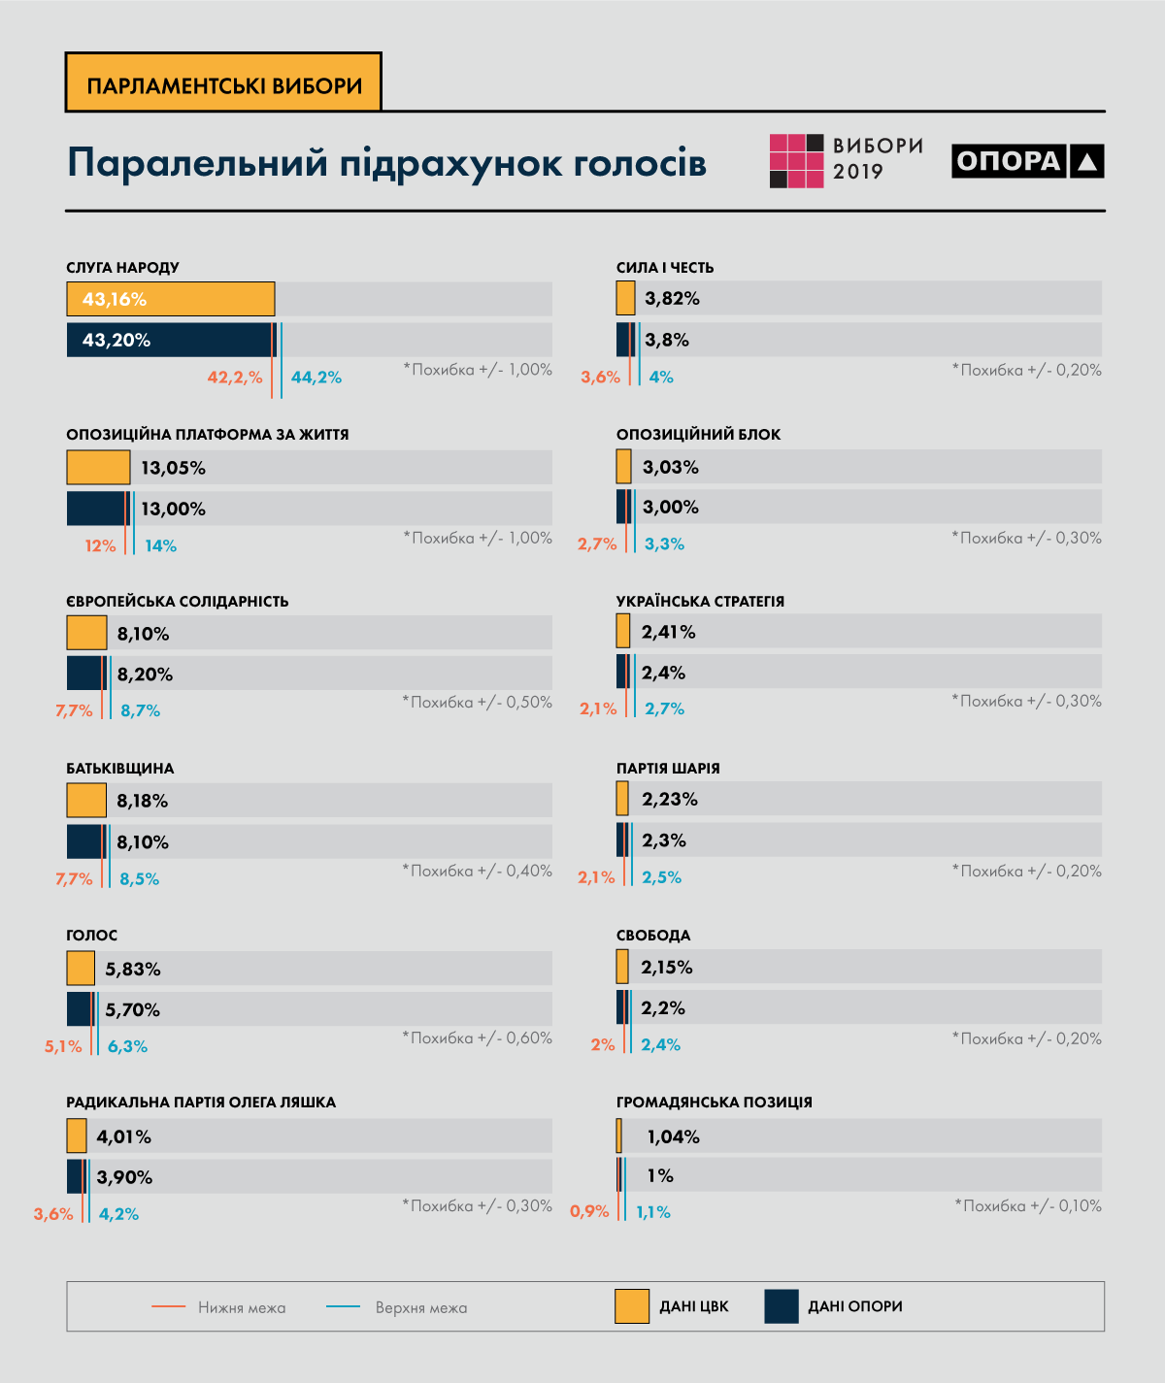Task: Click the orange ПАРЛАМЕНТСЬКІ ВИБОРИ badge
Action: click(x=223, y=83)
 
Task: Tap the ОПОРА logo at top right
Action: click(x=1027, y=161)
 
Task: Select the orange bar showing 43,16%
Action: click(x=171, y=299)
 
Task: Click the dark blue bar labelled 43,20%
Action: click(x=171, y=340)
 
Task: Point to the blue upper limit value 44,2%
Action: click(x=316, y=378)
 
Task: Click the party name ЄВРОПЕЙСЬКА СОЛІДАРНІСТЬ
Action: click(x=178, y=602)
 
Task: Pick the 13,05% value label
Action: click(x=174, y=468)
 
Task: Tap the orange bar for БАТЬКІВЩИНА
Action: click(x=86, y=801)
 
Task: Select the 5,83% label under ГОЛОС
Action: click(x=133, y=969)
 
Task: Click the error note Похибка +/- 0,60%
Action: click(x=478, y=1038)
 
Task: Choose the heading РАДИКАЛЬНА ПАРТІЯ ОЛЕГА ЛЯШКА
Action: click(x=201, y=1103)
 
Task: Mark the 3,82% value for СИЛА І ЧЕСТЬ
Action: click(x=672, y=299)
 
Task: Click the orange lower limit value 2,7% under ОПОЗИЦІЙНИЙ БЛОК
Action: click(x=597, y=544)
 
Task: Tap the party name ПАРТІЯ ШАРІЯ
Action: click(x=668, y=769)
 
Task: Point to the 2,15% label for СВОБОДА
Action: click(x=667, y=968)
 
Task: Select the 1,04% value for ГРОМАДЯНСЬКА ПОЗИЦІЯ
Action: click(x=673, y=1136)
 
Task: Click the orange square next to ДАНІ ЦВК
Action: click(x=632, y=1306)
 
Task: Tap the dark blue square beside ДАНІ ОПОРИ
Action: click(x=782, y=1306)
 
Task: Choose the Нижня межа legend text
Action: click(x=242, y=1308)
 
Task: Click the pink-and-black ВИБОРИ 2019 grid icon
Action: click(x=796, y=161)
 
